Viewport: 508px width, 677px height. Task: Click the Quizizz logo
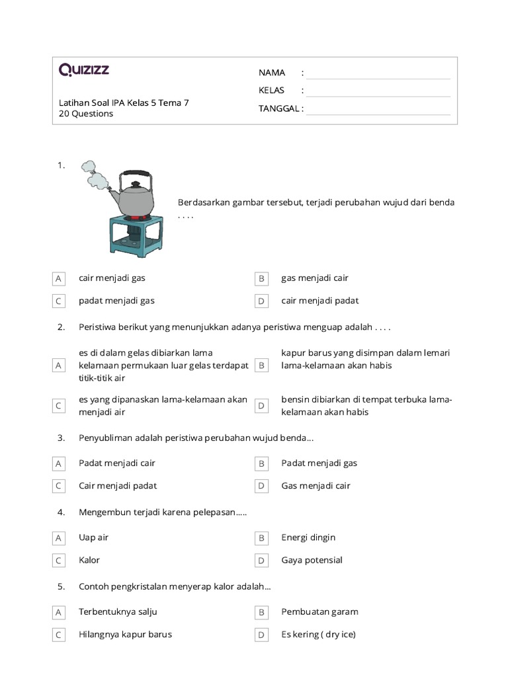pos(84,69)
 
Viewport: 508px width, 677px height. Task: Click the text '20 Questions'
pos(86,114)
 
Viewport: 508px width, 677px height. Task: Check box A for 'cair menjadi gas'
pos(59,279)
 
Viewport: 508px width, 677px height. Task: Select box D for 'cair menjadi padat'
pos(261,301)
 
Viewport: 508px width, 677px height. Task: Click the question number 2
pos(61,327)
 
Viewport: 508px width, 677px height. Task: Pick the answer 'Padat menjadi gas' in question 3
pos(319,463)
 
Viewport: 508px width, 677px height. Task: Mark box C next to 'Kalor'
pos(59,561)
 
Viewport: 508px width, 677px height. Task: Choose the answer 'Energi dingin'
pos(308,538)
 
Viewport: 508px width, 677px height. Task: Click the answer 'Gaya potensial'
pos(312,561)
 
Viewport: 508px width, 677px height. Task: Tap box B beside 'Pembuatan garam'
pos(261,613)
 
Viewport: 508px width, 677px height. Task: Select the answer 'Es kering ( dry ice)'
pos(318,635)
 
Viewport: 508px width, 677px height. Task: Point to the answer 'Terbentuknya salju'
pos(118,612)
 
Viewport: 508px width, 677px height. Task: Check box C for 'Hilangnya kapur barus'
pos(59,635)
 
